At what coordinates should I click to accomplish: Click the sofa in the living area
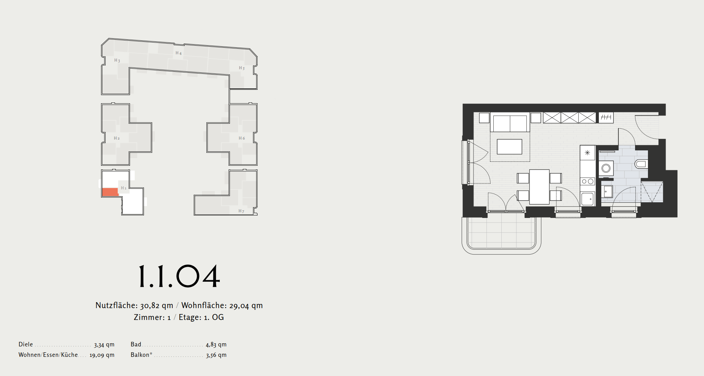(x=510, y=123)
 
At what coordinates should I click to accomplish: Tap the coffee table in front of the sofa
(x=509, y=147)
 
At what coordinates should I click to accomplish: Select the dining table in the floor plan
(x=539, y=187)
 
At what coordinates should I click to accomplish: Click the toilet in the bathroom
(x=641, y=164)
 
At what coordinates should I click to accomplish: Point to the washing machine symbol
(x=606, y=168)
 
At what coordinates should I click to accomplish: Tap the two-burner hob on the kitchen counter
(x=588, y=181)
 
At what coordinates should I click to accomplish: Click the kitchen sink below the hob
(x=588, y=199)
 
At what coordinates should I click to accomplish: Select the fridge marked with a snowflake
(x=588, y=153)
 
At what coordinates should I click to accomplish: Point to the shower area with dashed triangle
(x=652, y=191)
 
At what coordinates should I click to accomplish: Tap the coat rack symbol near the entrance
(x=606, y=117)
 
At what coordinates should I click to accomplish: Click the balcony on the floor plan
(x=501, y=233)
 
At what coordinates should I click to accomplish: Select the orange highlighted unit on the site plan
(x=110, y=192)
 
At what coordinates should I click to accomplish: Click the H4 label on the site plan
(x=179, y=53)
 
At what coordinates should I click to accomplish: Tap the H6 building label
(x=242, y=138)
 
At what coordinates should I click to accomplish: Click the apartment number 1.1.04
(x=179, y=276)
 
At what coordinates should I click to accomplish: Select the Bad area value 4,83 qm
(x=216, y=345)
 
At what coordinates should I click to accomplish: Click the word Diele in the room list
(x=26, y=344)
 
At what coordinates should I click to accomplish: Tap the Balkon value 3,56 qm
(x=216, y=355)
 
